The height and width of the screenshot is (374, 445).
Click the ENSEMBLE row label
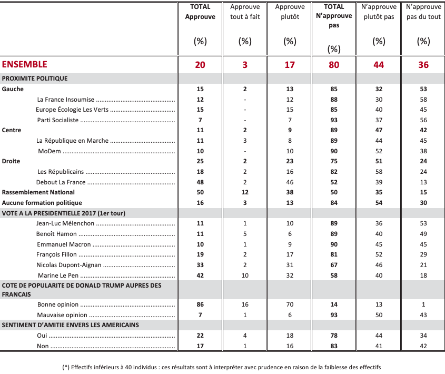pos(25,64)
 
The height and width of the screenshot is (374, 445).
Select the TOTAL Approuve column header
pos(200,12)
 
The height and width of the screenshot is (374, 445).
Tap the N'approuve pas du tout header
pos(423,12)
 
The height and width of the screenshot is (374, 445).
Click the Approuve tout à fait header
pos(245,12)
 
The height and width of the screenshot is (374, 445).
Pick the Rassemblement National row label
pos(38,192)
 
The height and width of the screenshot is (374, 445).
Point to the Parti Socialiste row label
pos(57,120)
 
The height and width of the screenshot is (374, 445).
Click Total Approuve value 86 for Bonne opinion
pos(200,304)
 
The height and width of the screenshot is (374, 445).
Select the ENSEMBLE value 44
pos(379,65)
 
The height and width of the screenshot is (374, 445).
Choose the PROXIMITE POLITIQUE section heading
pos(35,78)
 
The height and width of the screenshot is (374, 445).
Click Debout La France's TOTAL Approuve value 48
pos(200,182)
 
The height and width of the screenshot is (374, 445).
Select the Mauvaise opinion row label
pos(62,315)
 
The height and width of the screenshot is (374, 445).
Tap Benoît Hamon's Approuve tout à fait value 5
pos(245,234)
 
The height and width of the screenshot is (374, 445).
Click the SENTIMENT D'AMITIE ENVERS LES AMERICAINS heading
pos(71,325)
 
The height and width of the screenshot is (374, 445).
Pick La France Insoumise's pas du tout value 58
pos(423,100)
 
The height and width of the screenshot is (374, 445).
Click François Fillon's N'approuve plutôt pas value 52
pos(379,254)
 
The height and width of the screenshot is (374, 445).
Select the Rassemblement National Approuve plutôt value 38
pos(290,192)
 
